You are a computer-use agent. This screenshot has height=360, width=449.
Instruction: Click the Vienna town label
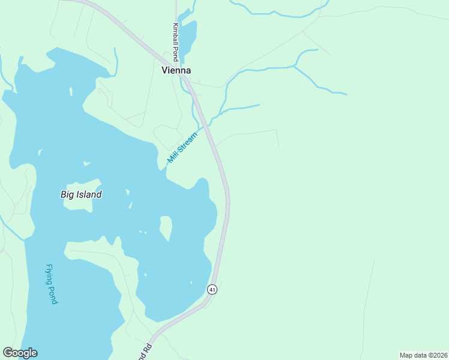pos(176,70)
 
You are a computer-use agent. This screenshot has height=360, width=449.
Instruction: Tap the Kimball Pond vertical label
pos(175,43)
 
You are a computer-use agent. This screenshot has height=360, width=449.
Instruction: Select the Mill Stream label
pos(182,145)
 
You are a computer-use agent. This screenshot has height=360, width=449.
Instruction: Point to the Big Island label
pos(81,194)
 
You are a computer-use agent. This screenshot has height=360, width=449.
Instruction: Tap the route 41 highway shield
pos(212,289)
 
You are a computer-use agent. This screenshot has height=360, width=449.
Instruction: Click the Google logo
pos(20,353)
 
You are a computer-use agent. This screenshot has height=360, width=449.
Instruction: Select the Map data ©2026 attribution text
pos(423,355)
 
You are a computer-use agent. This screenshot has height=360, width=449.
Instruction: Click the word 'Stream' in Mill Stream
pos(187,140)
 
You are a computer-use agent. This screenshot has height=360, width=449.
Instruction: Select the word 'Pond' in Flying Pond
pos(53,295)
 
